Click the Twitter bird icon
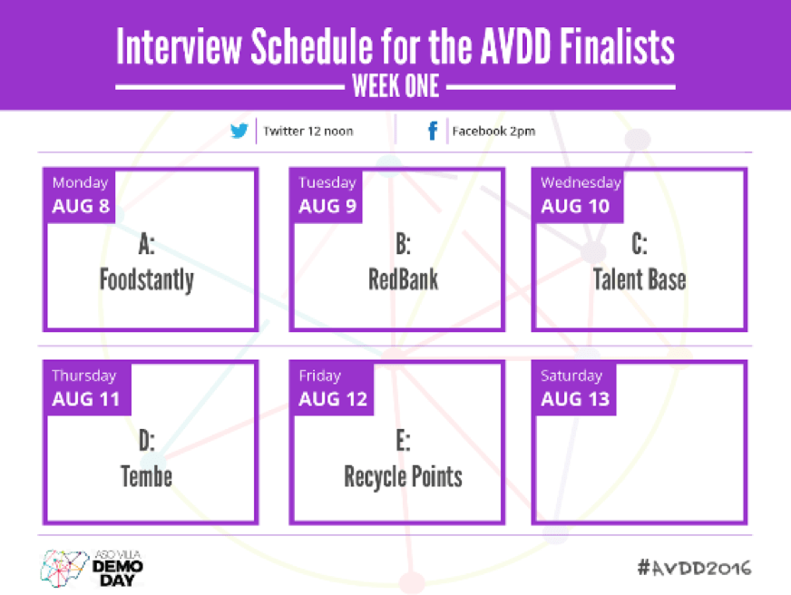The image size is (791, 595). coord(239,131)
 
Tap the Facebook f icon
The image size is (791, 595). coord(433,131)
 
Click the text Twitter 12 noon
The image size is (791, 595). coord(308,132)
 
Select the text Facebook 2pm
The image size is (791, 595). coord(493,132)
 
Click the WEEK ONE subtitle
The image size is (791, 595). coord(395,86)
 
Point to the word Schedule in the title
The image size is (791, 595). coord(312,46)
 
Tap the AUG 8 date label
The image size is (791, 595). coord(81,206)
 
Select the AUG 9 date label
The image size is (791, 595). coord(327,206)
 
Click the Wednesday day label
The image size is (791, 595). coord(581,182)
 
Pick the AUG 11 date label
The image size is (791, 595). coord(86,399)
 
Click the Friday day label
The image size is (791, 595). coord(320,376)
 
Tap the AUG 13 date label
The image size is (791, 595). coord(575,399)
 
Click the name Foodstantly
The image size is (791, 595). coord(147,280)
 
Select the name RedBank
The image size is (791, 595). coord(403,279)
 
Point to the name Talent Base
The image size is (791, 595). coord(640,279)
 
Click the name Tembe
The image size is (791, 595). coord(146,476)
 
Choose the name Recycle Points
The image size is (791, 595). coord(403,477)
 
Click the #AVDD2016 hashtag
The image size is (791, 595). coord(694,568)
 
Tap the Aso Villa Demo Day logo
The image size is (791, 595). coord(92,569)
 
